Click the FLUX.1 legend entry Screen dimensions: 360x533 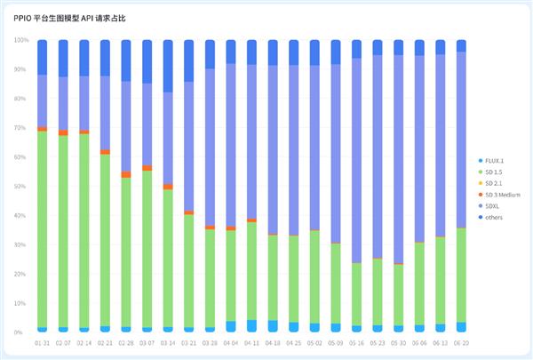(496, 160)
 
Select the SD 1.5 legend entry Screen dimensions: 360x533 (496, 172)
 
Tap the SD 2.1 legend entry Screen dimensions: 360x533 (496, 183)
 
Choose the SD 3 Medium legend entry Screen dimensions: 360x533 (501, 195)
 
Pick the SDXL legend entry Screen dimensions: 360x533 (494, 206)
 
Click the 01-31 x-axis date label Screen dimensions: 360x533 (42, 342)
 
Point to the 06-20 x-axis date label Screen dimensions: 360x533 (461, 342)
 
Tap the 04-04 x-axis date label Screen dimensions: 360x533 (231, 342)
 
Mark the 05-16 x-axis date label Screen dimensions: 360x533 (356, 342)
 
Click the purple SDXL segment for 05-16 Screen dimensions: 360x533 (356, 160)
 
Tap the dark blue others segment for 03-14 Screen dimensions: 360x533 (168, 66)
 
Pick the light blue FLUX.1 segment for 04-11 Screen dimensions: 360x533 (251, 326)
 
